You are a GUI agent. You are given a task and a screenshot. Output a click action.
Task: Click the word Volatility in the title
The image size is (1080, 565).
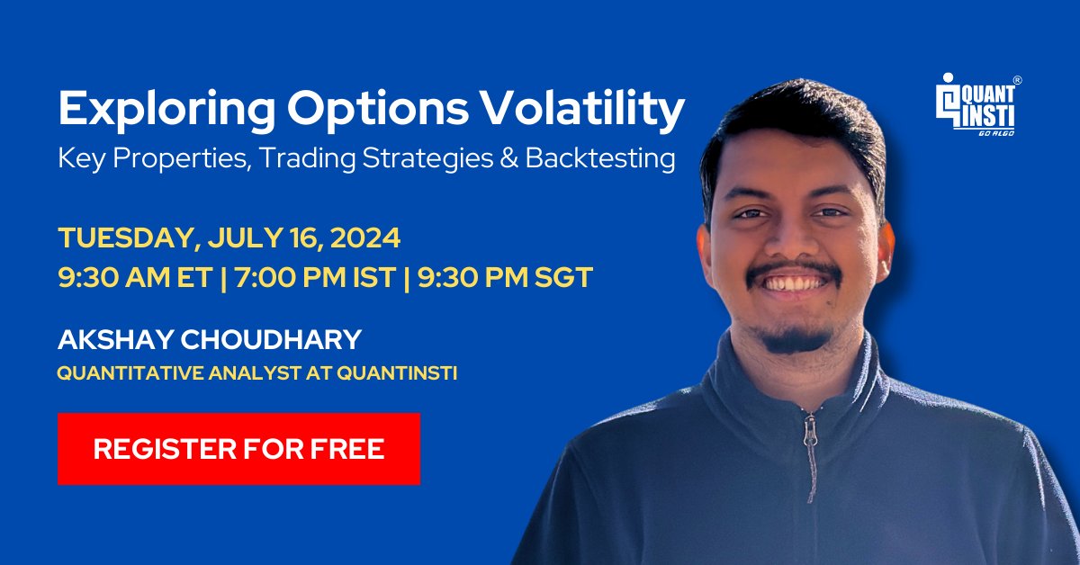coord(583,109)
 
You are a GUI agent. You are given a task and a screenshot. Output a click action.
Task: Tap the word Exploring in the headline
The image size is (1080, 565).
coord(166,110)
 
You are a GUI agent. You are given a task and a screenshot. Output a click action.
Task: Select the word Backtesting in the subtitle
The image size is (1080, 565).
coord(600,158)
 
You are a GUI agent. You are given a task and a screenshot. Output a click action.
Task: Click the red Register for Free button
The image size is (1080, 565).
coord(238,448)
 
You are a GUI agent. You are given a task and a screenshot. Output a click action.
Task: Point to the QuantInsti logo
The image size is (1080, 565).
coord(977,104)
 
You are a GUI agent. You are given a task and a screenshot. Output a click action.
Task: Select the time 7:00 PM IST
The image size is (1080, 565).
coord(316,278)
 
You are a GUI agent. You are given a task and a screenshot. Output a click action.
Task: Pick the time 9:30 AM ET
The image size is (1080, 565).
coord(136,278)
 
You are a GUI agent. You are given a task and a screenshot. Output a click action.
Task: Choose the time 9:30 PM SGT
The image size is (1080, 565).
coord(505,278)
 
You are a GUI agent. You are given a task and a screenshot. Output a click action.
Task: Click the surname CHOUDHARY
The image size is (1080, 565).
coord(271,339)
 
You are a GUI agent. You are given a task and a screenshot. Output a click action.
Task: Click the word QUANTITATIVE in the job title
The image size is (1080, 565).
coord(130,373)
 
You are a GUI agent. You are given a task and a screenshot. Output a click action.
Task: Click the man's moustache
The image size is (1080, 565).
coord(794,273)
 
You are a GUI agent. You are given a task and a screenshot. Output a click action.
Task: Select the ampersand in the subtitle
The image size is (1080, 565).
coord(509,158)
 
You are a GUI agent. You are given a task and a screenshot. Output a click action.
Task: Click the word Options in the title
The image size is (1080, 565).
coord(378,110)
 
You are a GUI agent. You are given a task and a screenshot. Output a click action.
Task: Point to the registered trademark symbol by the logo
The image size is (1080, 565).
coord(1017,80)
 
